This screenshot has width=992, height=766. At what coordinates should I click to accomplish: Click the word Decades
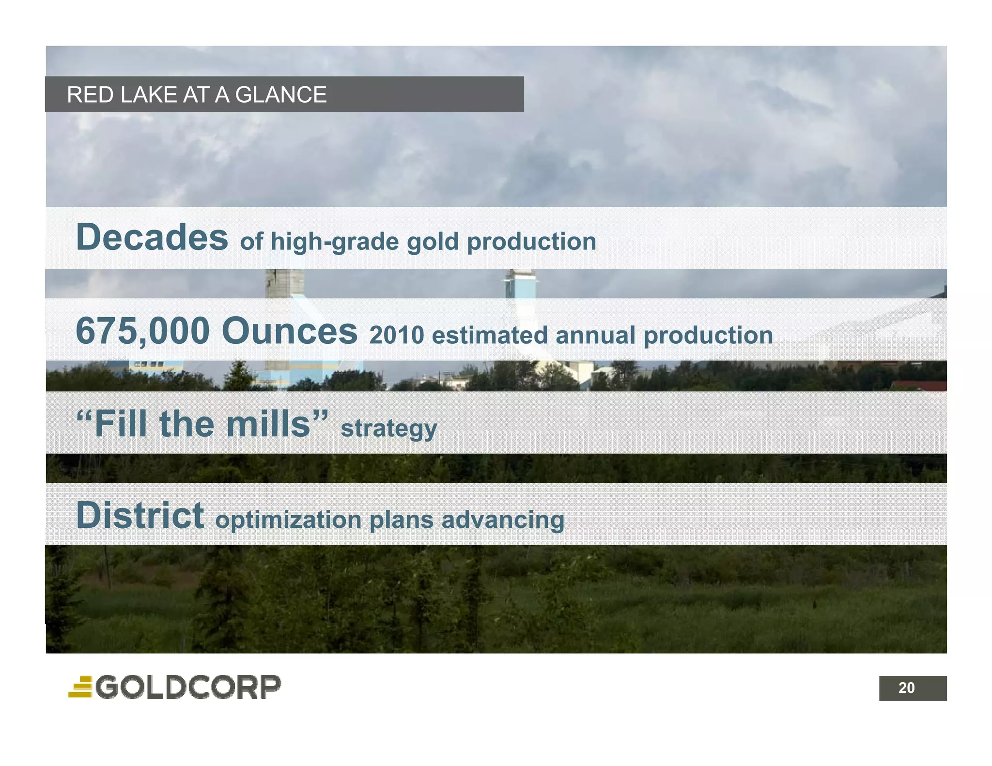(x=152, y=237)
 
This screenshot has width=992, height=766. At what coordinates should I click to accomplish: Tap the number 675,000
(x=142, y=331)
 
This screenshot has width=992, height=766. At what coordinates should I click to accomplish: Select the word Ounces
(x=289, y=331)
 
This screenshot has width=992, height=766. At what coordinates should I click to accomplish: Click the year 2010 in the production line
(x=396, y=336)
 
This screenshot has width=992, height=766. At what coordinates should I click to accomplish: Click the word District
(x=139, y=515)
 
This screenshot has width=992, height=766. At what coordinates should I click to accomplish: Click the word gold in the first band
(x=432, y=242)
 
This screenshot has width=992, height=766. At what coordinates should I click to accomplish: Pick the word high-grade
(x=334, y=242)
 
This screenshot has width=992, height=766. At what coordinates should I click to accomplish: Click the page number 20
(x=906, y=688)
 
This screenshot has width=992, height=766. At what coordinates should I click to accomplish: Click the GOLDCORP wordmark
(x=188, y=687)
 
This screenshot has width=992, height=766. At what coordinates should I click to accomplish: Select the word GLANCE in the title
(x=280, y=95)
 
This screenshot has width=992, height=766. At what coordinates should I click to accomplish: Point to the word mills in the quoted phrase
(x=268, y=424)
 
